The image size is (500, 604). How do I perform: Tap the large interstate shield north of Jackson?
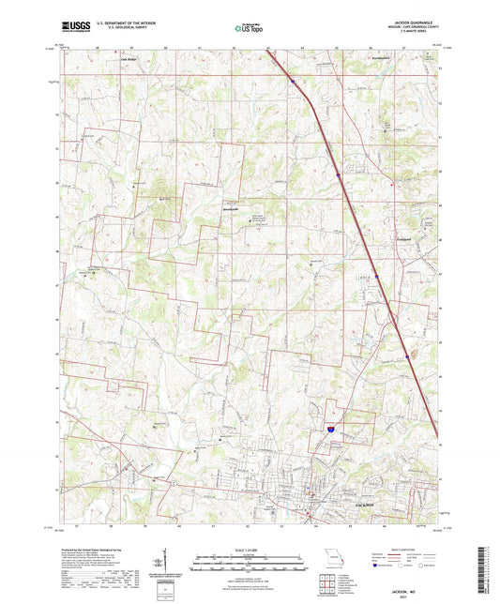(329, 427)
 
